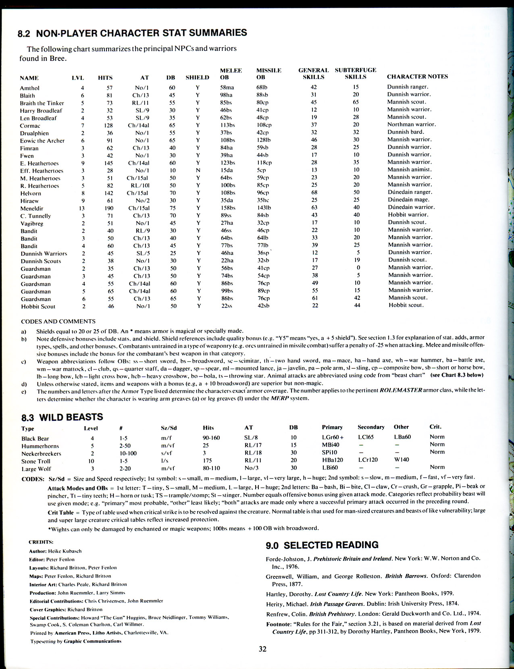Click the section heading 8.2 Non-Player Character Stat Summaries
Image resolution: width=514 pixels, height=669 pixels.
coord(132,33)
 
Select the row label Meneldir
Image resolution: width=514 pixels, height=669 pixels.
coord(32,208)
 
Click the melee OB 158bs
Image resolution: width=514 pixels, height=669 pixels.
coord(228,208)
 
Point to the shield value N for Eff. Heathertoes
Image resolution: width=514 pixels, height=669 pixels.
coord(198,170)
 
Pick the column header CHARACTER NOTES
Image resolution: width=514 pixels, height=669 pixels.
coord(417,77)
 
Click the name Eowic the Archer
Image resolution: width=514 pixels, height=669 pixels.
coord(42,141)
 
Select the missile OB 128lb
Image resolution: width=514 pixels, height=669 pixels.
coord(264,140)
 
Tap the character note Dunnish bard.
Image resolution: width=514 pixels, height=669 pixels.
coord(406,132)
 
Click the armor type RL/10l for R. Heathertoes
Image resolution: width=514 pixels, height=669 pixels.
coord(140,185)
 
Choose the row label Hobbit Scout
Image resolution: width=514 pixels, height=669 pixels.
coord(38,306)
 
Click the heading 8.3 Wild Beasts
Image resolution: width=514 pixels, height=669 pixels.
coord(62,417)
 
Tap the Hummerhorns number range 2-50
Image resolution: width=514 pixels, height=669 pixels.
coord(126,446)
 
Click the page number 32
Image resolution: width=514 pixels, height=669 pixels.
coord(262,649)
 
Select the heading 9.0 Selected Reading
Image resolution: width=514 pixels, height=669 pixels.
coord(322,545)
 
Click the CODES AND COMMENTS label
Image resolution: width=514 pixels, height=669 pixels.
coord(58,322)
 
